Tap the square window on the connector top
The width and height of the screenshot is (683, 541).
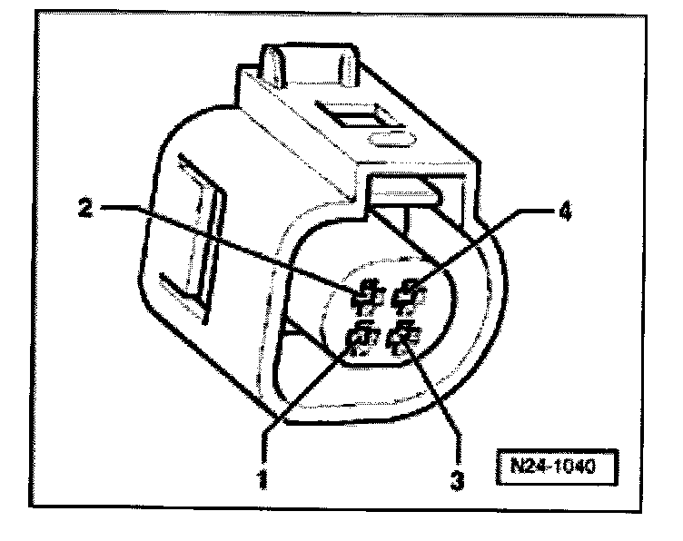[358, 119]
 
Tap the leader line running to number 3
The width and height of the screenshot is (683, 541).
[436, 399]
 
